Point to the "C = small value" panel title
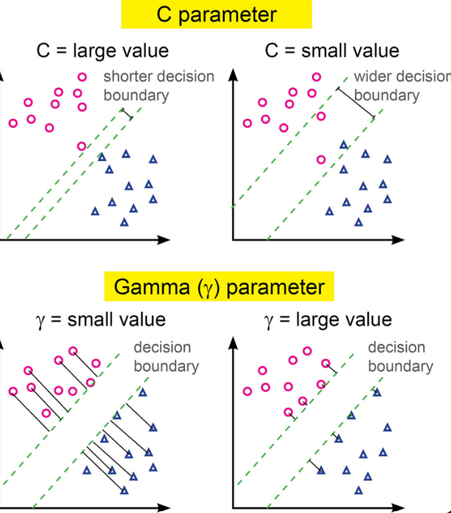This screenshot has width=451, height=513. [x=332, y=50]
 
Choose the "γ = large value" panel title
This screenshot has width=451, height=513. [x=329, y=320]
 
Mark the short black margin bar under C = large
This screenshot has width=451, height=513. [x=127, y=114]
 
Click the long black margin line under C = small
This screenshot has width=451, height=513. [x=355, y=103]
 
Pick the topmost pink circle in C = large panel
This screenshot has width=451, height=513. [x=82, y=77]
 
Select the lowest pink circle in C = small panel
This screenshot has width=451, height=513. [x=321, y=159]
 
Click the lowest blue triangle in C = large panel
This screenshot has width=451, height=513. [x=124, y=222]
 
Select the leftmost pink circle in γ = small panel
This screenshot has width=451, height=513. [x=12, y=391]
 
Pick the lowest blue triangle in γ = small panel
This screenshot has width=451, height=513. [x=125, y=490]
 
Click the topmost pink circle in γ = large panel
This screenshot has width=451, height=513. [x=306, y=351]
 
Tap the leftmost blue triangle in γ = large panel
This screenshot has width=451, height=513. [x=321, y=470]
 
